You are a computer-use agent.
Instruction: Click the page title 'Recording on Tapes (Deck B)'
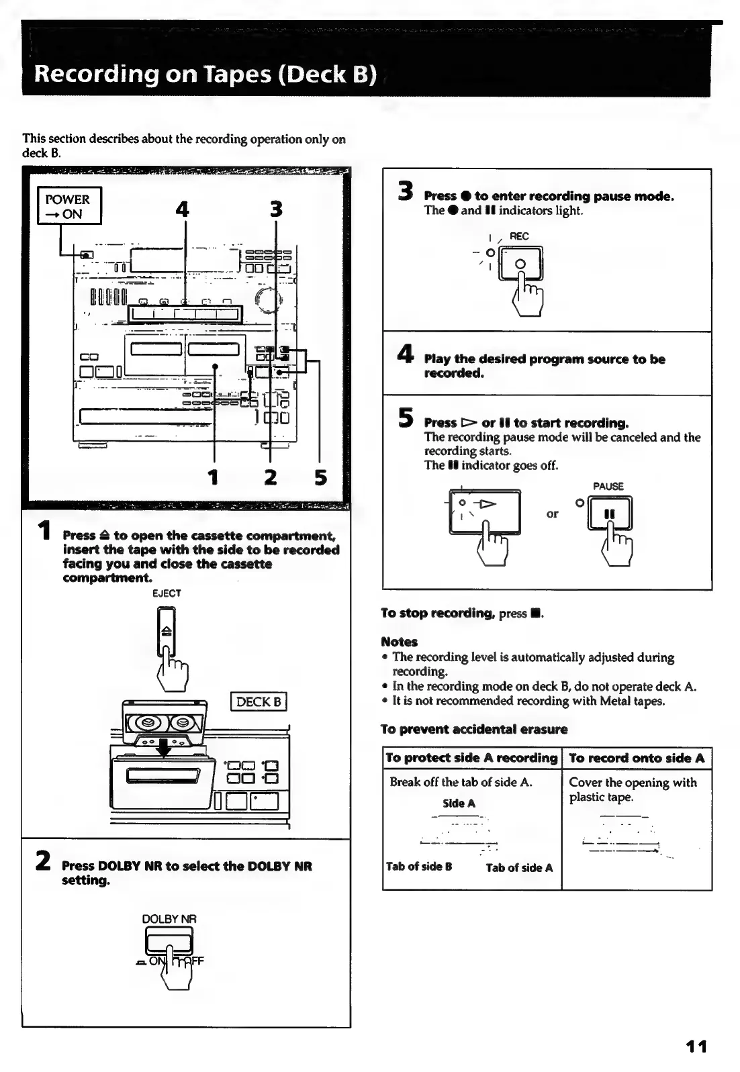(x=205, y=72)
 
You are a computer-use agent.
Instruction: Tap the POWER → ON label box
(x=68, y=206)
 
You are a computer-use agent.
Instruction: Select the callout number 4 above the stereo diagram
(x=182, y=209)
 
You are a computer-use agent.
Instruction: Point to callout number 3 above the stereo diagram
(x=275, y=209)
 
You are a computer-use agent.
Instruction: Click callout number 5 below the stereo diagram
(x=320, y=477)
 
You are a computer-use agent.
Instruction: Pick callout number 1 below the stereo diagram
(x=214, y=477)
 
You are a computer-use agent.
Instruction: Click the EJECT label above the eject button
(x=167, y=593)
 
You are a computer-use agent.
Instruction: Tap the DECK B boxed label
(x=258, y=701)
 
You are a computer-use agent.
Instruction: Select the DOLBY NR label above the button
(x=169, y=919)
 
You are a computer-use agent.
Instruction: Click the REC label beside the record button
(x=519, y=236)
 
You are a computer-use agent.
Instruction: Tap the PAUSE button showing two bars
(x=610, y=514)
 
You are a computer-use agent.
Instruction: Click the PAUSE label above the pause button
(x=608, y=486)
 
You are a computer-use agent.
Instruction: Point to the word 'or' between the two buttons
(x=552, y=514)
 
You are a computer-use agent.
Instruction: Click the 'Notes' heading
(x=399, y=642)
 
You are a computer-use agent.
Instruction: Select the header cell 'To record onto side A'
(x=636, y=758)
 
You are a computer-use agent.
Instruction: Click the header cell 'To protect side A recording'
(x=471, y=758)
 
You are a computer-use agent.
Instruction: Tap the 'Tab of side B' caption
(x=418, y=866)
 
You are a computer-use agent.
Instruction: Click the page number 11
(x=696, y=1046)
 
